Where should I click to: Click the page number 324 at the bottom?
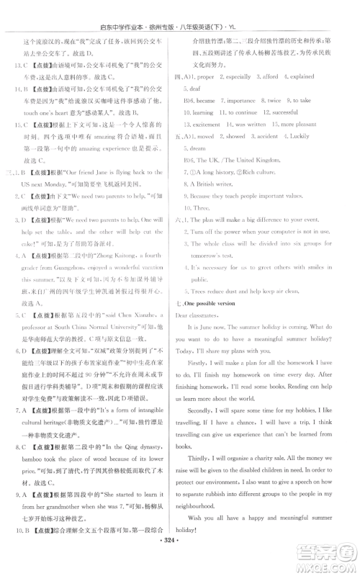point(179,558)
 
